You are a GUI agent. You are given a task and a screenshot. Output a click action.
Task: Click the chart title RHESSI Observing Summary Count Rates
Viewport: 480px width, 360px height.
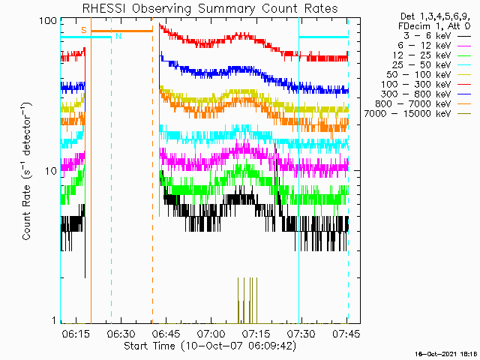click(x=210, y=8)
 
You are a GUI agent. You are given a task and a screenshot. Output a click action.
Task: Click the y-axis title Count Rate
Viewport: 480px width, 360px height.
click(x=27, y=212)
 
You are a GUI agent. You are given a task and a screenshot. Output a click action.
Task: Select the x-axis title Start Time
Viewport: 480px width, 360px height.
click(x=150, y=346)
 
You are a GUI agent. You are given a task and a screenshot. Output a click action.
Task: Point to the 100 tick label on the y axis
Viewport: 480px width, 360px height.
click(x=48, y=21)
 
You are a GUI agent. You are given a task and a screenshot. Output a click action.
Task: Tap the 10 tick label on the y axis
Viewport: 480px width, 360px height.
click(x=51, y=171)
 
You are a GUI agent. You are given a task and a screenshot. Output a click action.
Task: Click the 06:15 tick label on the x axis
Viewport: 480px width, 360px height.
click(x=76, y=334)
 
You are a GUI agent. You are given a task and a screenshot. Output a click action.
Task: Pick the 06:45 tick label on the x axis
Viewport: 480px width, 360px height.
click(x=166, y=334)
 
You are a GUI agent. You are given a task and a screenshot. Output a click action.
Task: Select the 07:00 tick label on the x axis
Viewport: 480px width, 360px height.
click(x=211, y=334)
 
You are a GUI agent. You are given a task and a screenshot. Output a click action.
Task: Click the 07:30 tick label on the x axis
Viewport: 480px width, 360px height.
click(x=301, y=334)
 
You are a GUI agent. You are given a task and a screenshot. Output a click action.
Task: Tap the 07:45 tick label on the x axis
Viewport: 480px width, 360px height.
click(x=346, y=334)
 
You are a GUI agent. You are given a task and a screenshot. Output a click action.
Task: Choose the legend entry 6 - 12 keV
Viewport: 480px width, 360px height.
click(x=424, y=46)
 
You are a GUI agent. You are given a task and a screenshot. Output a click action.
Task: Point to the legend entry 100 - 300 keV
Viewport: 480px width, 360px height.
click(x=415, y=85)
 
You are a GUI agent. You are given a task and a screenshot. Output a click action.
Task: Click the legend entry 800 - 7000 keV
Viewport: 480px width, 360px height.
click(x=413, y=104)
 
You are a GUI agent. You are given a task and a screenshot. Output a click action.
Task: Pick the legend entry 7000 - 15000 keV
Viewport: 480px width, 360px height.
click(x=407, y=114)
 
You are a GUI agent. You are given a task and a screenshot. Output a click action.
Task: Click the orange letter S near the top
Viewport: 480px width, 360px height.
click(x=84, y=30)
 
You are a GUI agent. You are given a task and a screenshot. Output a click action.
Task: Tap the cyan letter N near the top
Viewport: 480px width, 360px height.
click(x=118, y=36)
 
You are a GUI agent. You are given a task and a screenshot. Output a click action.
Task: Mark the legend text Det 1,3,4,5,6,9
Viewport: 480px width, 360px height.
click(x=435, y=16)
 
